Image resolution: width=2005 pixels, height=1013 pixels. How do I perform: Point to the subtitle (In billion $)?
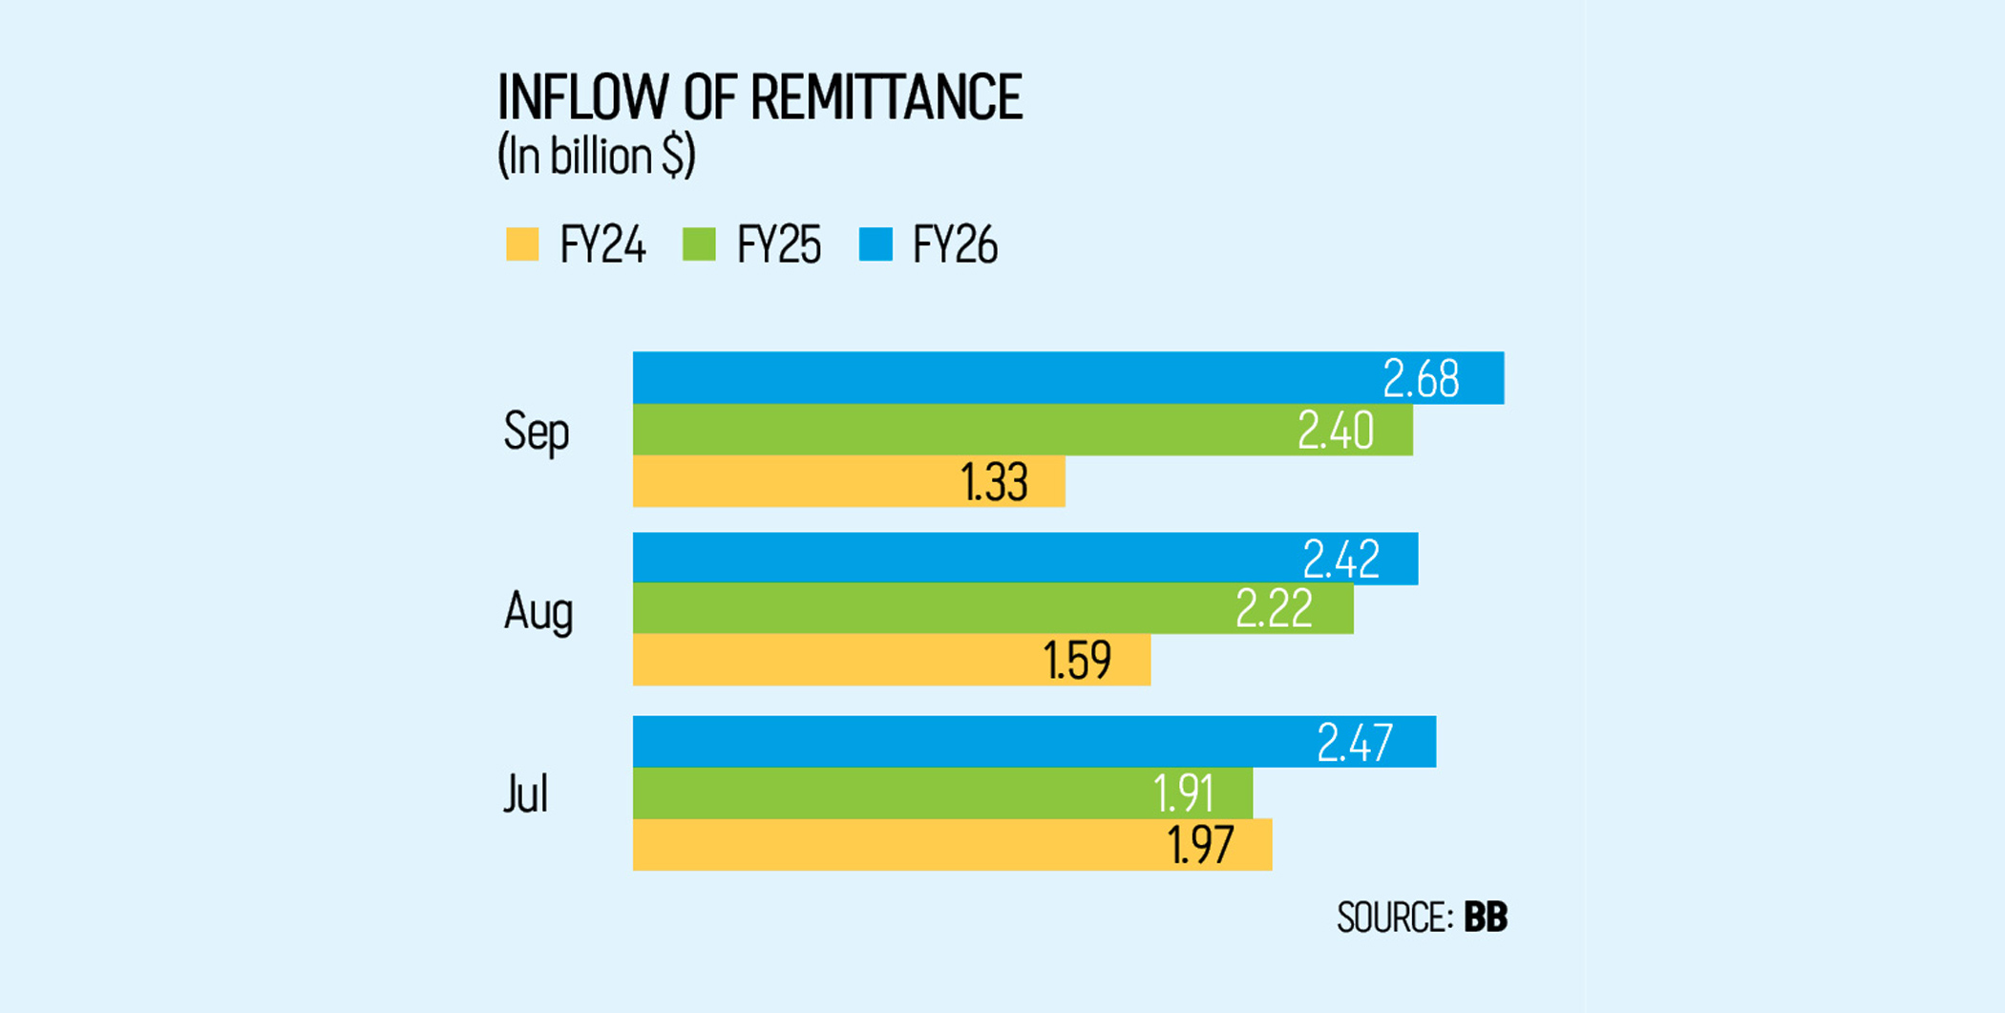click(x=596, y=156)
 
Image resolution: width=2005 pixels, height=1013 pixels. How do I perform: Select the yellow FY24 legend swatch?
click(x=522, y=244)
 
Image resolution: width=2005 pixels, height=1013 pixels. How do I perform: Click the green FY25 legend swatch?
click(x=699, y=244)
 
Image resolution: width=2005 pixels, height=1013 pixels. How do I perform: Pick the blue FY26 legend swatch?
click(x=876, y=244)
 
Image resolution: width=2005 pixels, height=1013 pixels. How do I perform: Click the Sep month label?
click(x=536, y=432)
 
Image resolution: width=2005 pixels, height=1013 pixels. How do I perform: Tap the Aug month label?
click(x=538, y=611)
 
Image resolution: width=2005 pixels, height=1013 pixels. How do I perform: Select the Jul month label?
click(x=525, y=794)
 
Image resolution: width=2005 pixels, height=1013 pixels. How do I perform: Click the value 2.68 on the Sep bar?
click(x=1421, y=379)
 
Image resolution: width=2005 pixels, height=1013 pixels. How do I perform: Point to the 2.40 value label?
click(x=1335, y=431)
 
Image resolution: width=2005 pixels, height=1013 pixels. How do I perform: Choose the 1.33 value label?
click(x=994, y=482)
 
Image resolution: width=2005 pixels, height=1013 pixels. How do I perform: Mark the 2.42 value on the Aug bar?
click(x=1340, y=559)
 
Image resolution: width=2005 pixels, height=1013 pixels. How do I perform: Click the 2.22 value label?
click(x=1274, y=609)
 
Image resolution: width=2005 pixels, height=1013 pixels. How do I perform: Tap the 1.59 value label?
click(x=1077, y=661)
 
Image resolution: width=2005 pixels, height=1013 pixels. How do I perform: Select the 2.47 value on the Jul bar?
click(x=1354, y=743)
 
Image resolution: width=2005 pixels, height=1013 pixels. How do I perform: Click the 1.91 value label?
click(x=1183, y=793)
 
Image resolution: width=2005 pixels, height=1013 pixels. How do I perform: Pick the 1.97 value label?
click(x=1200, y=845)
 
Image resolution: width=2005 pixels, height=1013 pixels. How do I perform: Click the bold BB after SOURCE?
click(x=1486, y=918)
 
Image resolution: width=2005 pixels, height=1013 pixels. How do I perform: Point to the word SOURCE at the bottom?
click(x=1394, y=918)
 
